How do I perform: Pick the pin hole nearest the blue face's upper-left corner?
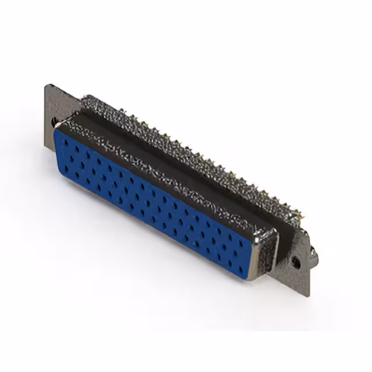(66, 141)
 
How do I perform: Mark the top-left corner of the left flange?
(46, 85)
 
